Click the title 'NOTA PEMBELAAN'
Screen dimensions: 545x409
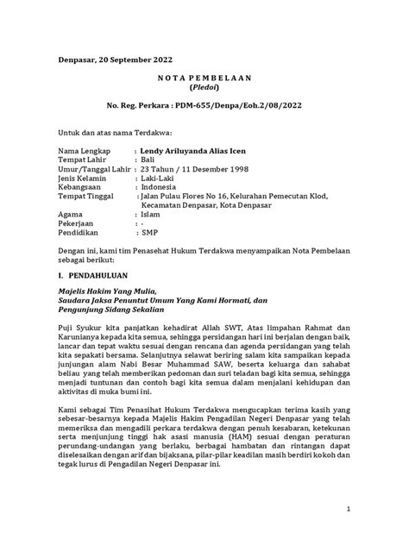203,76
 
